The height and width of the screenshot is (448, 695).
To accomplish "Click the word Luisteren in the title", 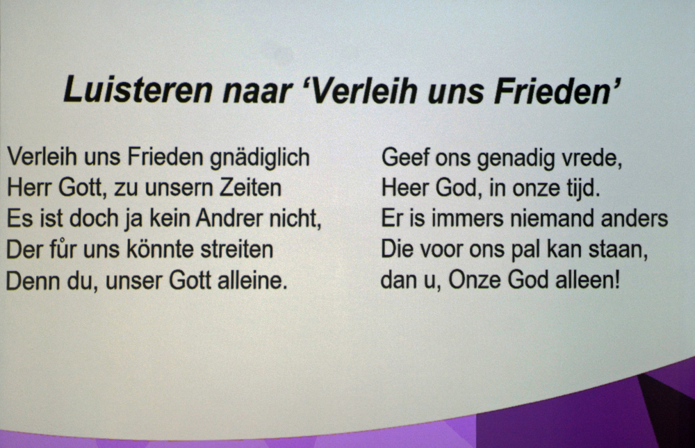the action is point(138,90).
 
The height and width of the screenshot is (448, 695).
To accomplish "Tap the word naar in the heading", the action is point(257,91).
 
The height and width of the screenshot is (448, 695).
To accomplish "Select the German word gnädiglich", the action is point(260,158).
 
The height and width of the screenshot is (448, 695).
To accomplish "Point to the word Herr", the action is point(28,188).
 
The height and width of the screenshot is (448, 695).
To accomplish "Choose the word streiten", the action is point(237,249).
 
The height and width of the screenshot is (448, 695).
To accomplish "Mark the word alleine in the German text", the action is point(252,280).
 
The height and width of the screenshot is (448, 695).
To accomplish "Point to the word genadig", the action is point(516,158).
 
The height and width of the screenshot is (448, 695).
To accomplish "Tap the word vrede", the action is point(591,157).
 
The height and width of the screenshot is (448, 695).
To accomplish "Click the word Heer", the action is point(404,188).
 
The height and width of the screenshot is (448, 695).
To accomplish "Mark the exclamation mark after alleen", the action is point(616,280).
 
